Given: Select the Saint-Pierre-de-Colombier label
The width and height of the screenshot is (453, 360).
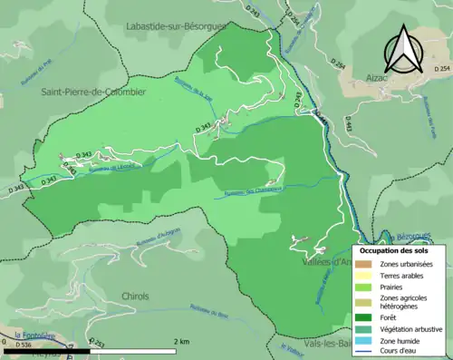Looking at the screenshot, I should coord(92,92).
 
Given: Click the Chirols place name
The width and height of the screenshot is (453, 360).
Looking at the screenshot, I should coord(136,297).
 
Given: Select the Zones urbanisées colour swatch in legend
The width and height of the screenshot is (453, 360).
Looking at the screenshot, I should coord(364,263).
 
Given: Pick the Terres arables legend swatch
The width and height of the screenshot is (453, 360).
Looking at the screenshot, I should coord(364,276).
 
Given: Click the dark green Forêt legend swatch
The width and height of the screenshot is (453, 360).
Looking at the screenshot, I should coord(364,316).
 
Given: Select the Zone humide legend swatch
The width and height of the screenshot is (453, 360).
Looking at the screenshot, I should coord(364,341).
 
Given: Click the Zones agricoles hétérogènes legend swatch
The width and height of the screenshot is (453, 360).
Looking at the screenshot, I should coord(364,302).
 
